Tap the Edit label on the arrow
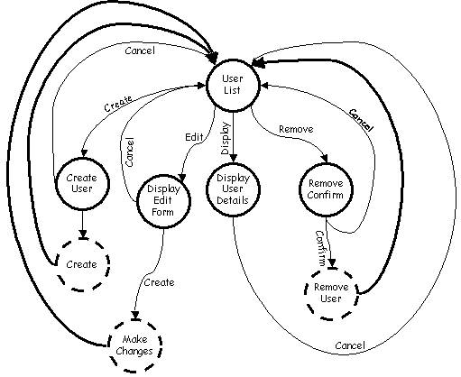point(194,137)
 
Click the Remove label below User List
point(296,129)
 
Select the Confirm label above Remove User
point(320,248)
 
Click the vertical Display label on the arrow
point(226,138)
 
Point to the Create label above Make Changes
point(160,282)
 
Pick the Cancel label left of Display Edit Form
point(129,152)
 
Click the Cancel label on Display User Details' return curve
point(350,345)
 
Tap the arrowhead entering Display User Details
point(234,159)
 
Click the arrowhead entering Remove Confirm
point(325,159)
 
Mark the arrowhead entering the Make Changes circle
point(135,316)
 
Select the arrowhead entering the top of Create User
point(84,153)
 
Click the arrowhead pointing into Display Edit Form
point(182,178)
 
